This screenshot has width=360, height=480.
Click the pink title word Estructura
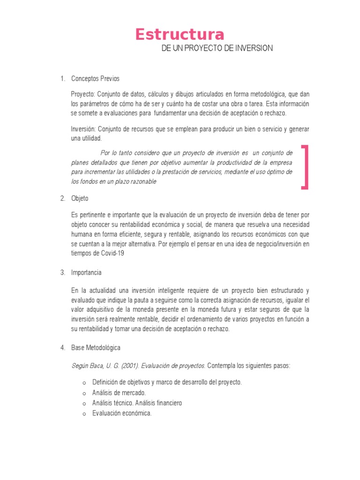click(x=180, y=35)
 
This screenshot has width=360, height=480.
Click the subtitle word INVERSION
click(x=254, y=49)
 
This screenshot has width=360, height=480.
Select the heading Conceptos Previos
click(x=95, y=78)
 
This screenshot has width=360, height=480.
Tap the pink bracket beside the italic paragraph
click(x=306, y=167)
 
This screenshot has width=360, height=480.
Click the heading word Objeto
click(x=80, y=198)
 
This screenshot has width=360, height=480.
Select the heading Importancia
click(x=86, y=272)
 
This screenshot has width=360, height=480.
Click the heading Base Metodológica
click(x=96, y=348)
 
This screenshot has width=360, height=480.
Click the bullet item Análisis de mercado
click(x=119, y=393)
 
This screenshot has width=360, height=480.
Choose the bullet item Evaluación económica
click(x=122, y=413)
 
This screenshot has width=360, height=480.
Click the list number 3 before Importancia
click(x=62, y=272)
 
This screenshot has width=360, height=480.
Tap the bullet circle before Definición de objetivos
click(x=84, y=383)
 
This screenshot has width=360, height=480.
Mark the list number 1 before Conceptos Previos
click(x=62, y=78)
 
